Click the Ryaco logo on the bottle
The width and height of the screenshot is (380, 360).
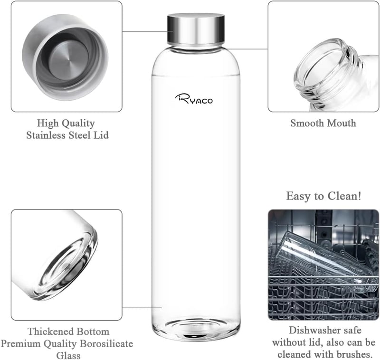pos(194,99)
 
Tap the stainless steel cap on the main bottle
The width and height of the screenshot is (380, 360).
pos(196,29)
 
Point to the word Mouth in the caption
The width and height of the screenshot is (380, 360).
pos(341,123)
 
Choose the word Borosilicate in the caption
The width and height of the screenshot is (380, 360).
pos(106,343)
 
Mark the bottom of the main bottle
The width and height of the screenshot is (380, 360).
pos(196,328)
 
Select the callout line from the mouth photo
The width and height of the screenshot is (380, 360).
pos(247,49)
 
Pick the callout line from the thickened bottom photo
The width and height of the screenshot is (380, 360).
pos(142,308)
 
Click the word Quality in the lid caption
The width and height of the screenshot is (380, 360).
pos(78,123)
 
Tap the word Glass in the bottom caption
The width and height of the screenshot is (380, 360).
pos(68,356)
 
